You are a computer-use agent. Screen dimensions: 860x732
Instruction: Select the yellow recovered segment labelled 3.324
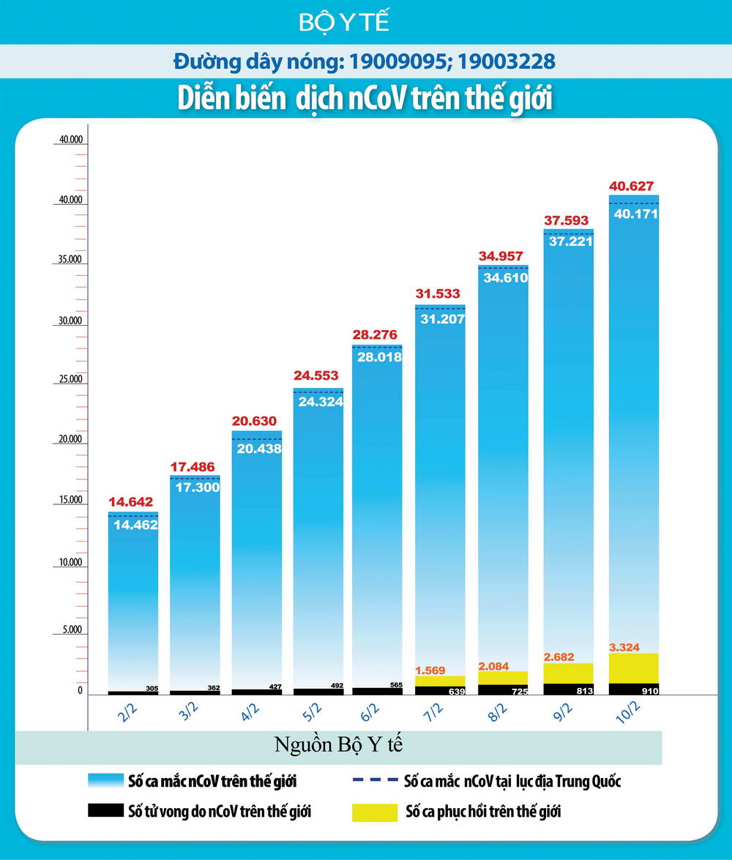(x=634, y=668)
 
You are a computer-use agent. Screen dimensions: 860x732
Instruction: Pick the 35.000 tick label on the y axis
(x=70, y=260)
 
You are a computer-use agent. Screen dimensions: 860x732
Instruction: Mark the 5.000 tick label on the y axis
(x=70, y=629)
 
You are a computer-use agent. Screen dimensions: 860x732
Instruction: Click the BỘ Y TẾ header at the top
(x=344, y=23)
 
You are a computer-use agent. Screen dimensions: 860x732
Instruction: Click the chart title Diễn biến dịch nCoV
(x=365, y=99)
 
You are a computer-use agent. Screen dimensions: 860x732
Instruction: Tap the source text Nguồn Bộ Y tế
(x=339, y=746)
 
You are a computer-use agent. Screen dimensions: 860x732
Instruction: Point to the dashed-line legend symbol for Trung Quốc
(x=375, y=780)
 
